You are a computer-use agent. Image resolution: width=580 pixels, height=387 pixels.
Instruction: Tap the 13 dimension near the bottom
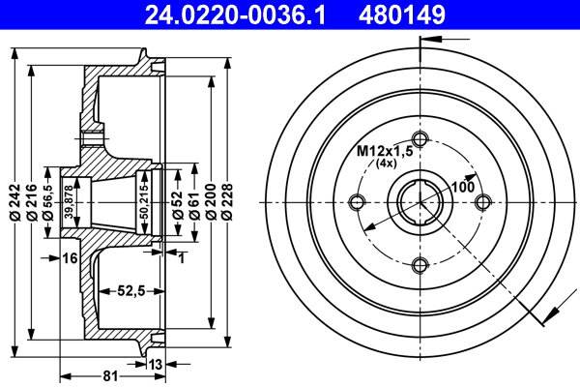pyautogui.click(x=156, y=365)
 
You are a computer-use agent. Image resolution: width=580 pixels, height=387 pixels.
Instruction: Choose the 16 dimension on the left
pyautogui.click(x=70, y=257)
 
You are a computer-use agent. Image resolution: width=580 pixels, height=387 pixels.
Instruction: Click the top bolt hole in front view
pyautogui.click(x=419, y=136)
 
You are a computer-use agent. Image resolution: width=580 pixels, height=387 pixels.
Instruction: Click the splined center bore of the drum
pyautogui.click(x=419, y=201)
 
